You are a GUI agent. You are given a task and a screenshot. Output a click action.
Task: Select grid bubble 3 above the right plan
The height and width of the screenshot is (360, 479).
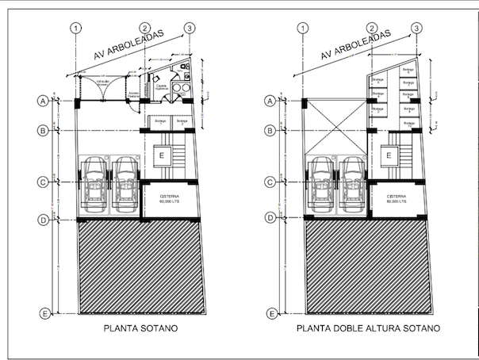pos(416,29)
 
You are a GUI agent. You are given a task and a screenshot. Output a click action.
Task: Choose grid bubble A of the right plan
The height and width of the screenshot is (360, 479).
pos(270,101)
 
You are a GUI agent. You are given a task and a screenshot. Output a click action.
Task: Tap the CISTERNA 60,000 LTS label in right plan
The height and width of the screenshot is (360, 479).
pos(397,199)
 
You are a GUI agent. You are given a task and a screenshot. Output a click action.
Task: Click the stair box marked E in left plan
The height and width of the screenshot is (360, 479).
pos(162,155)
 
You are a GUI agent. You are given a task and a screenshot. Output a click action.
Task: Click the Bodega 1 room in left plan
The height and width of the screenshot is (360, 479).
pos(159,122)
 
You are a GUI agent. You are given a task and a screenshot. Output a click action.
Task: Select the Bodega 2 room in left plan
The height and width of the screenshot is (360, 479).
pos(183,122)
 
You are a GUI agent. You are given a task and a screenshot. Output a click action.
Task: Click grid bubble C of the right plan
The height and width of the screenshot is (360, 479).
pos(270,182)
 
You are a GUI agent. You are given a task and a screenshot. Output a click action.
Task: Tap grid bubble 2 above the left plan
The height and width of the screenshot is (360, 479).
pos(145,29)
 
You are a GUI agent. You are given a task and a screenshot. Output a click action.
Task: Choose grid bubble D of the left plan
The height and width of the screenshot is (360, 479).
pos(45,217)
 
